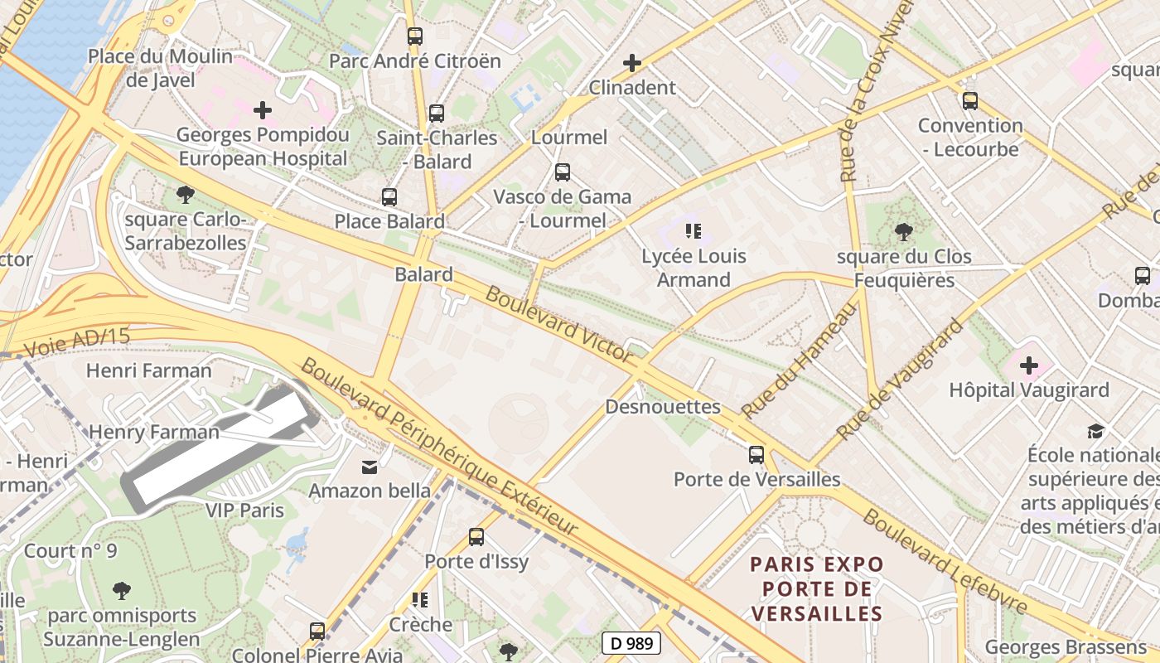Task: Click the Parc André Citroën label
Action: (x=414, y=61)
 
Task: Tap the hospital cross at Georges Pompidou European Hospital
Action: (x=263, y=109)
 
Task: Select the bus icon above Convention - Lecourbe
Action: (x=969, y=101)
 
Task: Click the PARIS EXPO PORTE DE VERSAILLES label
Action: (x=816, y=588)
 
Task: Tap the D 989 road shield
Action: (x=631, y=642)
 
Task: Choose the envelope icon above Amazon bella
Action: (x=370, y=467)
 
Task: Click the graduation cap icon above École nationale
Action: (x=1095, y=431)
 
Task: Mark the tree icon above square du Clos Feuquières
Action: (x=903, y=232)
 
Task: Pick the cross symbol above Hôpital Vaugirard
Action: (x=1028, y=365)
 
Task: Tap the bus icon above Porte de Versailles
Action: (x=756, y=454)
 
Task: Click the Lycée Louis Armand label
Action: (x=694, y=268)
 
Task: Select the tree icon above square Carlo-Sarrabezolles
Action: (x=186, y=195)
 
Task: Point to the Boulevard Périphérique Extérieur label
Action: (x=439, y=448)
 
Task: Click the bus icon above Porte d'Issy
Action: (x=476, y=537)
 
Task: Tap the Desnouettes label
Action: (x=663, y=407)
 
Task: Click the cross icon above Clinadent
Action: (x=632, y=62)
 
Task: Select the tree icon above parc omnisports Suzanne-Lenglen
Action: (x=122, y=591)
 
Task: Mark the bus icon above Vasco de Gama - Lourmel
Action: (x=563, y=172)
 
